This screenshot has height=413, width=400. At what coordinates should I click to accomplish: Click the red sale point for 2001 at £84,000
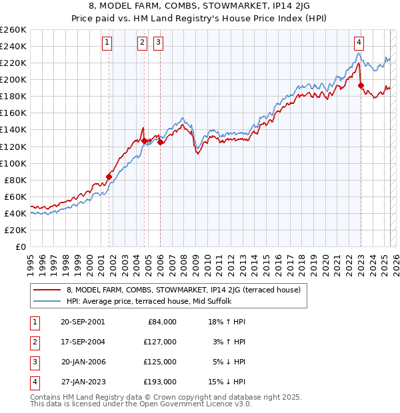coord(109,177)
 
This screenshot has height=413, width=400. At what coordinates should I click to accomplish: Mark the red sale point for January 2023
coord(361,85)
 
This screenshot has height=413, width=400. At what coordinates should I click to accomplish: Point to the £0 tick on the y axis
coord(20,246)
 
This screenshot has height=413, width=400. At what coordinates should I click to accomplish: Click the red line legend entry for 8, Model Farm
coord(183,290)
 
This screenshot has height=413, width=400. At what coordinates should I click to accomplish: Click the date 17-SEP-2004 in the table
coord(82,341)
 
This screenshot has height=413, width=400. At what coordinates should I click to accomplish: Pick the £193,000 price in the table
coord(161,382)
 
